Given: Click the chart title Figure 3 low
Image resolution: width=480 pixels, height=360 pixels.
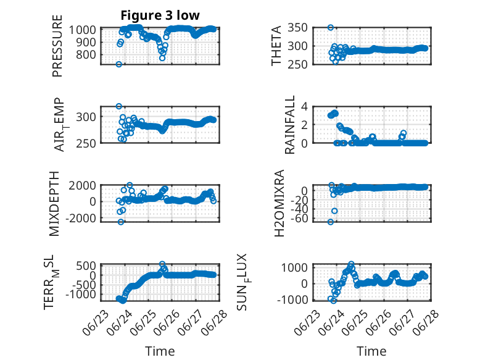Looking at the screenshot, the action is click(x=160, y=15).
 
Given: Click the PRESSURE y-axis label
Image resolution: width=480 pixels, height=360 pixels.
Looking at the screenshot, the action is click(x=57, y=46).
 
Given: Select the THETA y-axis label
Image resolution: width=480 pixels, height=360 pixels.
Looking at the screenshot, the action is click(x=276, y=46).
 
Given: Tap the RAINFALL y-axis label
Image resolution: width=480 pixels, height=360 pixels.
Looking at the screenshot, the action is click(x=289, y=124).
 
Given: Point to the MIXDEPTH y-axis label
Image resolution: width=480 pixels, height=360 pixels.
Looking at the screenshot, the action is click(x=54, y=203).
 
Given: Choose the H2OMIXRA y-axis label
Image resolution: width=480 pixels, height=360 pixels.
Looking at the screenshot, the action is click(x=279, y=203).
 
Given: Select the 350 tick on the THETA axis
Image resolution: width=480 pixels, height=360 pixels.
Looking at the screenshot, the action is click(x=297, y=28).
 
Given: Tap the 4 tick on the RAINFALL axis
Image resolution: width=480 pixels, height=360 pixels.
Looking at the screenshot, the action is click(x=304, y=106).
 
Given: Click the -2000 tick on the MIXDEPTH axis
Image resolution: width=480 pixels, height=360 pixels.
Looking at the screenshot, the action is click(x=80, y=218).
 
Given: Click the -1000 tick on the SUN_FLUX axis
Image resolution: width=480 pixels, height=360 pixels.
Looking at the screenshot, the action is click(x=292, y=299).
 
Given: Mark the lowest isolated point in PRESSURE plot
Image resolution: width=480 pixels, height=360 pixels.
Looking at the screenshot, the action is click(x=119, y=64).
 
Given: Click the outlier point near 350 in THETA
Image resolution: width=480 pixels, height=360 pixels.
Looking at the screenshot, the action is click(x=331, y=28).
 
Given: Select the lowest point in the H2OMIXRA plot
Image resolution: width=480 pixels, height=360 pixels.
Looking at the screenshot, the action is click(x=331, y=222).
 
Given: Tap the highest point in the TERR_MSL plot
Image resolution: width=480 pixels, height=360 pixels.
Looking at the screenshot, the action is click(x=162, y=264).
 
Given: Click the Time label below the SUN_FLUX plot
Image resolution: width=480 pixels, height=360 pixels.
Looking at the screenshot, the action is click(x=371, y=351).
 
